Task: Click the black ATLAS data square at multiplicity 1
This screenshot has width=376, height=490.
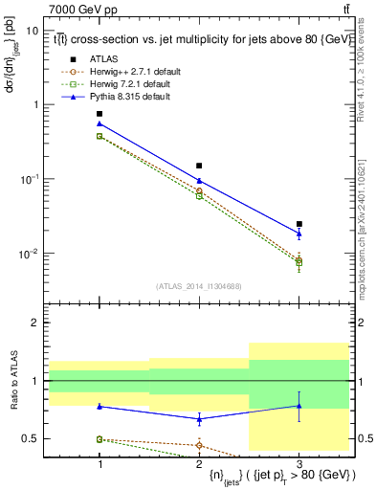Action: pyautogui.click(x=100, y=114)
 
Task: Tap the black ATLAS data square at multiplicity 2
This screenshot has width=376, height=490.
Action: pyautogui.click(x=199, y=166)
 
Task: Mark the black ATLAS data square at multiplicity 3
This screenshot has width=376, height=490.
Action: pyautogui.click(x=299, y=224)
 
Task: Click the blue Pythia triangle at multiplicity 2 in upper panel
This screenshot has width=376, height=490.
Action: pyautogui.click(x=199, y=180)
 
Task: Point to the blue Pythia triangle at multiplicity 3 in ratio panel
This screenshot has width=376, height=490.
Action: pyautogui.click(x=299, y=406)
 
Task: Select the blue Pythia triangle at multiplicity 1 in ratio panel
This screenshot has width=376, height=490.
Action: pyautogui.click(x=100, y=406)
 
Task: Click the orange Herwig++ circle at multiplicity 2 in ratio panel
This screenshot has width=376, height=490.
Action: pyautogui.click(x=199, y=445)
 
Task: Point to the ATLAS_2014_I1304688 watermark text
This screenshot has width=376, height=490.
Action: pyautogui.click(x=199, y=286)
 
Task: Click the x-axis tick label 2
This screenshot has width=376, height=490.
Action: pyautogui.click(x=199, y=462)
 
